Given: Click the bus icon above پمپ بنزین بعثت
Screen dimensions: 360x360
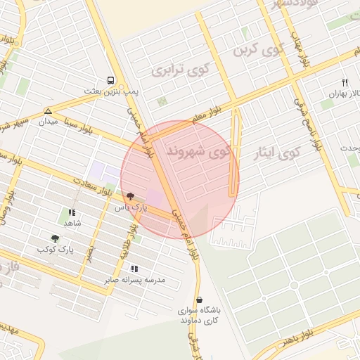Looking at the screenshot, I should click(x=110, y=80).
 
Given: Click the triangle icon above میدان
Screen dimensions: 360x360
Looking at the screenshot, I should click(x=48, y=111).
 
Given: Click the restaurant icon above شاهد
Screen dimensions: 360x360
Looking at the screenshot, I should click(x=71, y=212).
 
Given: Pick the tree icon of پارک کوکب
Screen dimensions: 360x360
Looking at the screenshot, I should click(x=55, y=238).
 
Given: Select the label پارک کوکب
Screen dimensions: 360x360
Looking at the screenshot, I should click(x=56, y=250).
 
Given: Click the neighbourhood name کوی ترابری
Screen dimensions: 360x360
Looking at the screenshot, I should click(x=181, y=70).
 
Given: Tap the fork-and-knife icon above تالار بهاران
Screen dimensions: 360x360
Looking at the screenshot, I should click(x=345, y=82).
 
